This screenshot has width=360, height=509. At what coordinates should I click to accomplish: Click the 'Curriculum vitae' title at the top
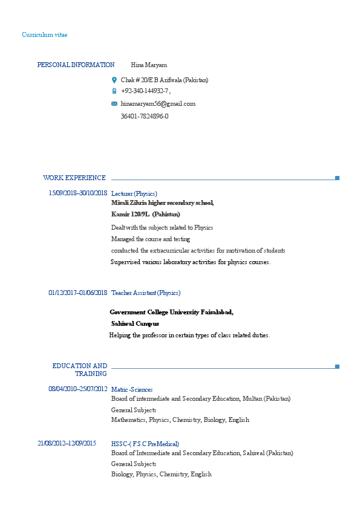pos(45,35)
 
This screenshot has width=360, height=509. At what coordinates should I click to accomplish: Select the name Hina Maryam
pos(149,65)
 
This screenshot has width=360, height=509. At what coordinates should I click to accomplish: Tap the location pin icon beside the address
pos(114,80)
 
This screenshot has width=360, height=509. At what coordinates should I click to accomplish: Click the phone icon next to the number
pos(114,91)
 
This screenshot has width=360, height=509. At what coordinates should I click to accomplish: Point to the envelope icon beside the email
pos(114,104)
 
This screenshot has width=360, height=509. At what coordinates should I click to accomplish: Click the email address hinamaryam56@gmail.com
pos(158,104)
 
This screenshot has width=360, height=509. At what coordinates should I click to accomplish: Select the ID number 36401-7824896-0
pos(145,116)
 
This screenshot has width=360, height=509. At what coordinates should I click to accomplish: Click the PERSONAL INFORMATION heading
pos(76,65)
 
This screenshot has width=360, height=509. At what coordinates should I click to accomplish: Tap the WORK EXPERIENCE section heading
pos(74,178)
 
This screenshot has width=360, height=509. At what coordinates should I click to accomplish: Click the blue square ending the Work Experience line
pos(337,178)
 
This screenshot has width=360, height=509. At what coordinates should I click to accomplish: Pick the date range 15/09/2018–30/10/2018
pos(77,193)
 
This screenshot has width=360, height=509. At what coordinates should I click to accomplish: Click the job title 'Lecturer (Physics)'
pos(134,193)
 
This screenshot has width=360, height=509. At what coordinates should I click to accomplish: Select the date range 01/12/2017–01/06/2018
pos(77,293)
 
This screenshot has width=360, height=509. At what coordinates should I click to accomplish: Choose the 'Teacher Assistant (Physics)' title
pos(146,293)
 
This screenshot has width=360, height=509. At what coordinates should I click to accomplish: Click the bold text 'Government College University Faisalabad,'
pos(171,313)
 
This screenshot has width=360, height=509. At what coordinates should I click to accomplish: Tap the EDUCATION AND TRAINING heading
pos(80,369)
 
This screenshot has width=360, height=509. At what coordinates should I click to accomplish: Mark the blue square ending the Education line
pos(337,366)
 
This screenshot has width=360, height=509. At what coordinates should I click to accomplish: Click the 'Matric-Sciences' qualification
pos(132,390)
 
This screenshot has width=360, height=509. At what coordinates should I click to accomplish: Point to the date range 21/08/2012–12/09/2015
pos(67,444)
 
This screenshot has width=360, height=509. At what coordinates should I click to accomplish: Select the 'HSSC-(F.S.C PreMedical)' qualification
pos(145,444)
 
